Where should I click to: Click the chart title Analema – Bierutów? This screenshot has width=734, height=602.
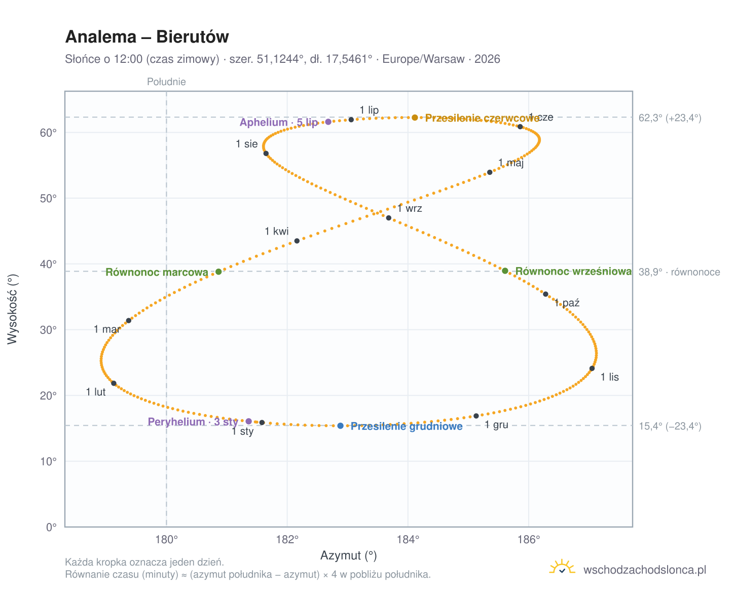(146, 37)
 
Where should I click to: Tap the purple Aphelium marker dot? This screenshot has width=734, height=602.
(327, 122)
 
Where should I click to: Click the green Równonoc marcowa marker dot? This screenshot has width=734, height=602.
(218, 271)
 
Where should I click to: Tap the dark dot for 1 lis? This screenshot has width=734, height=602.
(591, 368)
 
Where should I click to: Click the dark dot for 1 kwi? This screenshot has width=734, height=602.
(296, 241)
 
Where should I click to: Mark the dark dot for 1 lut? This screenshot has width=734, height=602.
(114, 383)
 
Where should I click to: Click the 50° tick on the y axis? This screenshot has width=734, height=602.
(48, 198)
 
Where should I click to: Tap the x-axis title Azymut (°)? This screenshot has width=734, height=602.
(348, 555)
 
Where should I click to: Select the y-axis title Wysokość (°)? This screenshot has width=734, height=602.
(12, 309)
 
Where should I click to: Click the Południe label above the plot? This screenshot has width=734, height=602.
(166, 82)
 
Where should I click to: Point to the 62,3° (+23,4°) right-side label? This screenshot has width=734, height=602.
(669, 118)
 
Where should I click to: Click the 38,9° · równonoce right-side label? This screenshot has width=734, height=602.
(678, 272)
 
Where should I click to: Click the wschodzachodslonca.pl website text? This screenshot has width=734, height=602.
(644, 569)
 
